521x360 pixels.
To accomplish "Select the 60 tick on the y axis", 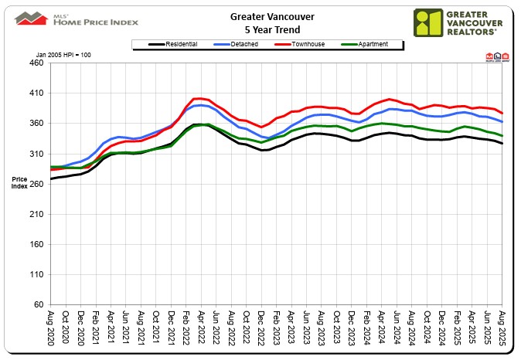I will click(39, 304).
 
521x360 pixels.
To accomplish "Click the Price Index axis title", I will click(19, 183).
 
